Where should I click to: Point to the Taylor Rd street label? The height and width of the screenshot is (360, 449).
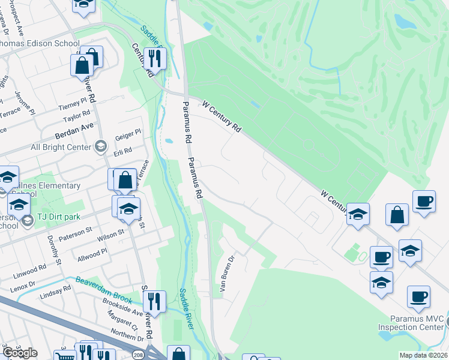77,113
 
